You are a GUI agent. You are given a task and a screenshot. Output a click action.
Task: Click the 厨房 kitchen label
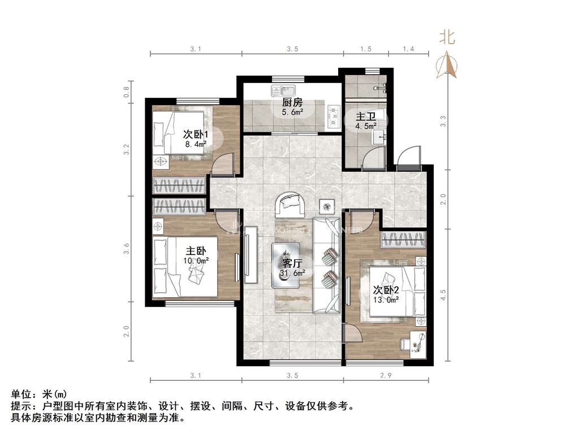[292, 103]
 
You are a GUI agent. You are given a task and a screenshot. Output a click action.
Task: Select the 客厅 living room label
[292, 263]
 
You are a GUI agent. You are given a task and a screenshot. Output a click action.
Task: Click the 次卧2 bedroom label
[386, 290]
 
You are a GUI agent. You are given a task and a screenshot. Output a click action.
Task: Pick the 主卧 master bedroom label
[196, 251]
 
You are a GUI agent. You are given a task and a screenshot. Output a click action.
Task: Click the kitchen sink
[283, 90]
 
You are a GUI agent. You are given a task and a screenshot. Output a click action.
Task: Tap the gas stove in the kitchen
[334, 116]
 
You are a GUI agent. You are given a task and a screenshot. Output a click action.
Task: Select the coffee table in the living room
[286, 265]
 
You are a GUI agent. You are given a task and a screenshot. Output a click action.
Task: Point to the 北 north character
[447, 37]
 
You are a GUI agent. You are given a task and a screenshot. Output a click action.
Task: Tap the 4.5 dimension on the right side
[443, 294]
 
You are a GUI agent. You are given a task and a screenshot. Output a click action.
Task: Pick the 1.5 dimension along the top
[366, 49]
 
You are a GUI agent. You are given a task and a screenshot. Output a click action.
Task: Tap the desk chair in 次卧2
[405, 344]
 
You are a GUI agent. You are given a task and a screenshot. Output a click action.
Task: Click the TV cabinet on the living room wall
[250, 254]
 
